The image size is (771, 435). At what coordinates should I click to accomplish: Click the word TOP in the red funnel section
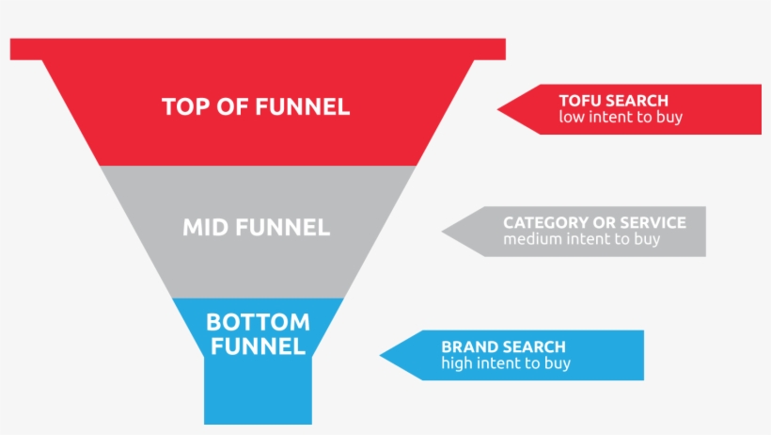pos(186,106)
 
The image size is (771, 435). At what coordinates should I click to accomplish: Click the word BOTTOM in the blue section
pos(258,323)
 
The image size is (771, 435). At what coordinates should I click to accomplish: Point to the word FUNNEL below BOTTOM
pos(258,346)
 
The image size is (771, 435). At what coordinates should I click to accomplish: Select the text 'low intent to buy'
pos(621,118)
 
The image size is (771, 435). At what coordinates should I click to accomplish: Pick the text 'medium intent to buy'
pos(581,239)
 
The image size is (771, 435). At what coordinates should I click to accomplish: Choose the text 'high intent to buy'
pos(506,363)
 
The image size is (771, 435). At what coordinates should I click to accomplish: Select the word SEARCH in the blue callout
pos(534,346)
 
